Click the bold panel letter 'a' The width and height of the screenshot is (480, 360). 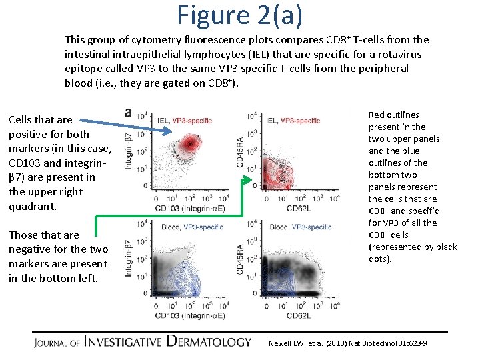(x=129, y=113)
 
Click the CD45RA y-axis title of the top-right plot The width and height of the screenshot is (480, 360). (x=239, y=152)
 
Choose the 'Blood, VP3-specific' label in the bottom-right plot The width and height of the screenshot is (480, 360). (x=301, y=227)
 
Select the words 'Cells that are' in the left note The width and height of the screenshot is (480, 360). (x=40, y=119)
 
